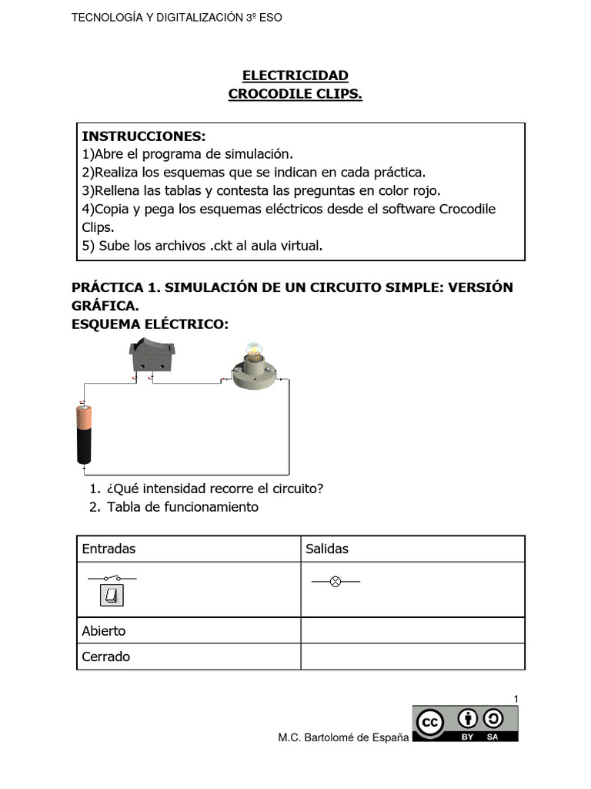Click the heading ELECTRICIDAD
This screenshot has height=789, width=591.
[295, 75]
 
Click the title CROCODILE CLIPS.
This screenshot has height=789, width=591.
[295, 94]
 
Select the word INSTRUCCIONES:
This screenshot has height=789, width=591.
[144, 136]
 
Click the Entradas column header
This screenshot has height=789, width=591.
[109, 549]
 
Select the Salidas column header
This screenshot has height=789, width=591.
[327, 549]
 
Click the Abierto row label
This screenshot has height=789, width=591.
[104, 630]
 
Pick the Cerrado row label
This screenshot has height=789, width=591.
[106, 656]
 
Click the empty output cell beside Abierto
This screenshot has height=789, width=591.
[412, 630]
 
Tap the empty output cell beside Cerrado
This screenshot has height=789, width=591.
[412, 656]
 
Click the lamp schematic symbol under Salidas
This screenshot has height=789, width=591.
[335, 582]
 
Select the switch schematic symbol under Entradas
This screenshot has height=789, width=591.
[112, 577]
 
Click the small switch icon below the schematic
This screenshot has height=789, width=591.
[112, 596]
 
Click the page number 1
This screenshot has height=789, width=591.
[516, 698]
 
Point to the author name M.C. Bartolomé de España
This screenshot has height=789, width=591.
[343, 738]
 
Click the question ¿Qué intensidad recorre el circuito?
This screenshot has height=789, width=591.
[215, 489]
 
